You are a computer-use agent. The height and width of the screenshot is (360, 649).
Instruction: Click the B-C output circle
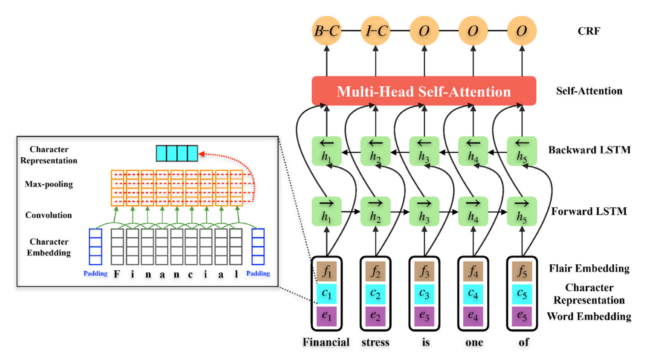327,31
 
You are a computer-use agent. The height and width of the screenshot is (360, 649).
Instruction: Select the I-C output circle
376,31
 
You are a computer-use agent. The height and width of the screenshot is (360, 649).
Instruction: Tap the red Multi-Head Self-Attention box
424,91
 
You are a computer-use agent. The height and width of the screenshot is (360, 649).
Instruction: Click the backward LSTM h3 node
424,151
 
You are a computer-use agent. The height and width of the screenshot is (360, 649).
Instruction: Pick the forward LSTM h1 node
327,211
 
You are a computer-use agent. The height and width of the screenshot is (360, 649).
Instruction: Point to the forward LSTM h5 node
522,211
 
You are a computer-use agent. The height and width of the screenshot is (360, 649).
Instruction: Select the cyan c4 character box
473,294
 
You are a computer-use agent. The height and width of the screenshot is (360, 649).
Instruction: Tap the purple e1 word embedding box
327,316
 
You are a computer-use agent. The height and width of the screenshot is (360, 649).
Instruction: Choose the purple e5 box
522,316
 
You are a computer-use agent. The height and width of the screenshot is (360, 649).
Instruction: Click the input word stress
376,342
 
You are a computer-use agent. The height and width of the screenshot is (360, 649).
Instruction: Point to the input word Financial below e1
326,342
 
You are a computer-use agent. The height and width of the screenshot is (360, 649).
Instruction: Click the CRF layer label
589,31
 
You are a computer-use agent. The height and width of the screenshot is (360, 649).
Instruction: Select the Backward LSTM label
589,150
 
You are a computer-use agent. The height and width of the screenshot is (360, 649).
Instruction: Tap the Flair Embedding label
589,268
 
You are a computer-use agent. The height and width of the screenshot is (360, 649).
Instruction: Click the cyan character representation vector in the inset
177,153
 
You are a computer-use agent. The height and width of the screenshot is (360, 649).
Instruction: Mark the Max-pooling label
49,184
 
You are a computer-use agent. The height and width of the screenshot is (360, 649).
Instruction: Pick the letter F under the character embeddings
117,274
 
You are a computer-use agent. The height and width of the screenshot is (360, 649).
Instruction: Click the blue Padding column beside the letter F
96,246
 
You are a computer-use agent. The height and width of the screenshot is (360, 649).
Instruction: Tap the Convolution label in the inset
49,215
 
